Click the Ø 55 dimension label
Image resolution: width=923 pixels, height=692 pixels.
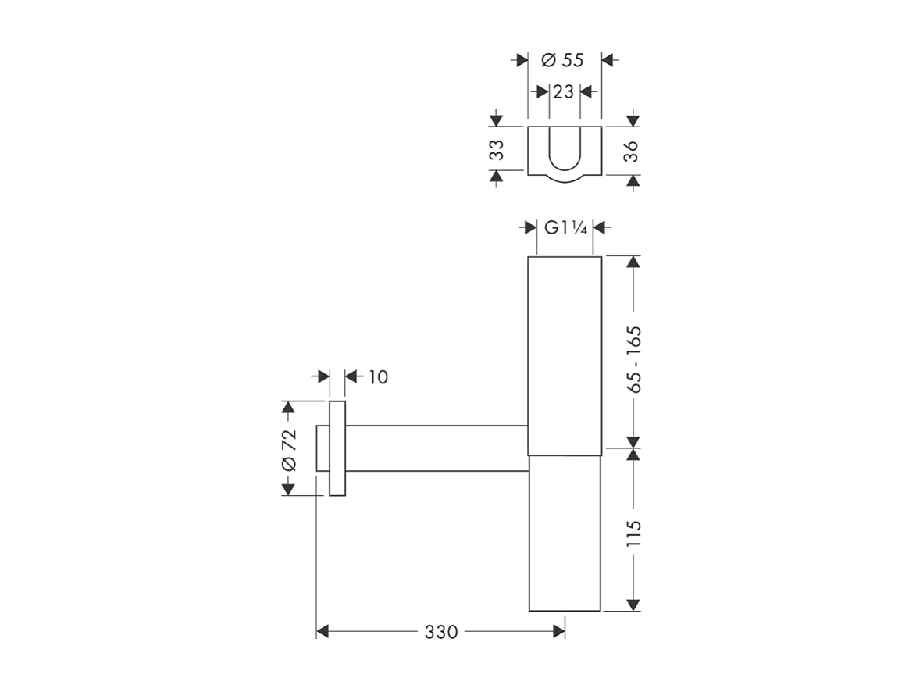tap(563, 60)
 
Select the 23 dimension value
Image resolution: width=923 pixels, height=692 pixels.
tap(563, 91)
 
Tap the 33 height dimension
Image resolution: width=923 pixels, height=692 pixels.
tap(496, 150)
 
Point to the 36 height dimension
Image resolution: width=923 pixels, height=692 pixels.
tap(632, 150)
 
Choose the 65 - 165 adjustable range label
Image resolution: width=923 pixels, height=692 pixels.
tap(633, 358)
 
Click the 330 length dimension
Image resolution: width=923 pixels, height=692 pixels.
tap(441, 632)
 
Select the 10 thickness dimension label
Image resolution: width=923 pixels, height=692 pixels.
tap(377, 377)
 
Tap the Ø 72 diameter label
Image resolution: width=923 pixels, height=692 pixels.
tap(288, 450)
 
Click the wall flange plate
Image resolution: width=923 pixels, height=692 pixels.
tap(337, 448)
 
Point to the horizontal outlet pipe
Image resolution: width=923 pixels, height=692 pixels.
tap(437, 448)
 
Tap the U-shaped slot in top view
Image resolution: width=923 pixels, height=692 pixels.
tap(564, 148)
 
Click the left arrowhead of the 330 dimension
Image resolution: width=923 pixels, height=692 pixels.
tap(323, 632)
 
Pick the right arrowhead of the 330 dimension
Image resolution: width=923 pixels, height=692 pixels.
tap(559, 632)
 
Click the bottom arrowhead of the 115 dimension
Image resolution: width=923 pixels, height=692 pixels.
tap(633, 605)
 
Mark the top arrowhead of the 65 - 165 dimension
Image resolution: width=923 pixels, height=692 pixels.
tap(633, 262)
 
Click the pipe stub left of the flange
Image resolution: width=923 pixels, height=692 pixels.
tap(323, 448)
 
